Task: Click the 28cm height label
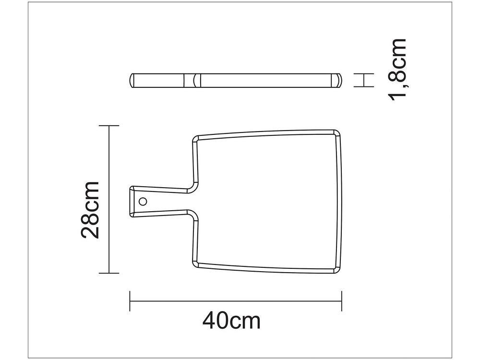click(x=90, y=210)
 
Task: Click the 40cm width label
click(x=231, y=320)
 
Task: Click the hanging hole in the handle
click(x=143, y=201)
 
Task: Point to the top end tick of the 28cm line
click(x=108, y=126)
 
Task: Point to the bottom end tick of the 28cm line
click(x=108, y=273)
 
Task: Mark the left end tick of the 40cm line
click(x=130, y=301)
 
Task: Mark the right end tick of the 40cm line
click(x=341, y=301)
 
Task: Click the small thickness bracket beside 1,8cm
click(x=364, y=80)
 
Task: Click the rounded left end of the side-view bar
click(x=133, y=80)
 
